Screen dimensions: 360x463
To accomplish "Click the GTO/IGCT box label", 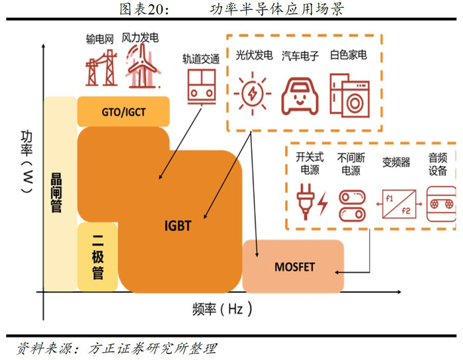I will tap(124, 112).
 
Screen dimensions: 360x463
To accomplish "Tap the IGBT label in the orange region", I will tap(177, 226).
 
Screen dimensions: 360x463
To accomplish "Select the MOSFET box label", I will tap(294, 267).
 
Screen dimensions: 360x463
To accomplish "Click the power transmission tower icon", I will tap(101, 67).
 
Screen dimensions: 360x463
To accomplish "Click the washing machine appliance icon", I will tap(349, 95).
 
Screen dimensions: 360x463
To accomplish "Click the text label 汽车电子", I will tap(300, 55).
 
